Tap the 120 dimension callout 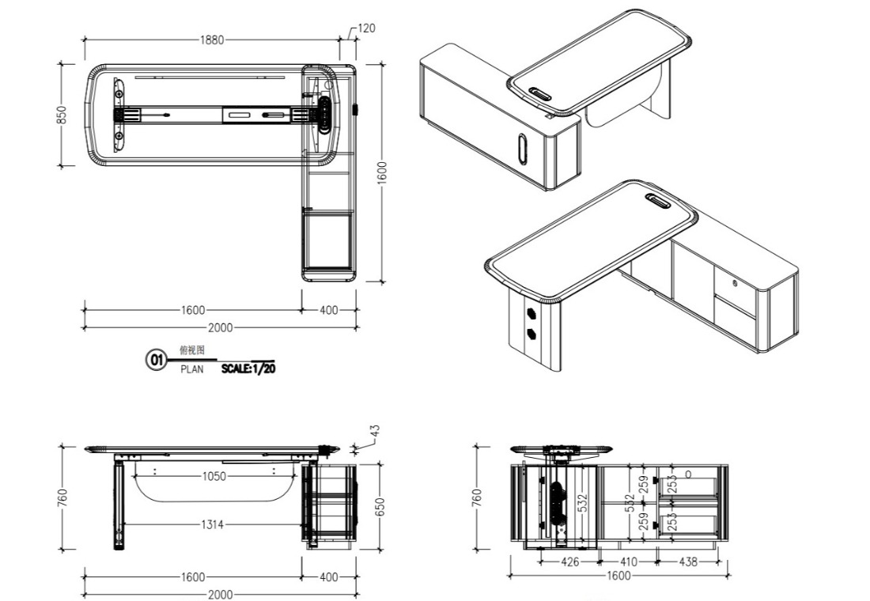(366, 28)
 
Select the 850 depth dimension (62, 115)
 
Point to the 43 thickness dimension (375, 431)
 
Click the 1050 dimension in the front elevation (214, 476)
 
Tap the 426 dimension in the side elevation (569, 562)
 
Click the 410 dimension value (628, 562)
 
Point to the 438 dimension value (688, 562)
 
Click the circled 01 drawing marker (156, 361)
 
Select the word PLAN (191, 369)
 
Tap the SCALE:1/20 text (248, 368)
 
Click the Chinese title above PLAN (191, 350)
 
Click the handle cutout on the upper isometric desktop (543, 93)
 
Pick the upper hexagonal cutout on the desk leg (530, 312)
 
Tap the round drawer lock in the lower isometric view (736, 282)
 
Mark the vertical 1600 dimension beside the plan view (382, 170)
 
